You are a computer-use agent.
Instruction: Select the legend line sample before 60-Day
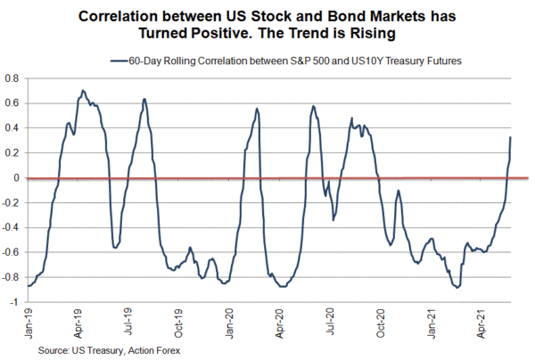point(119,60)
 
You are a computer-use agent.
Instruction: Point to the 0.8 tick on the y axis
point(12,78)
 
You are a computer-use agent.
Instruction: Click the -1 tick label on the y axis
point(15,302)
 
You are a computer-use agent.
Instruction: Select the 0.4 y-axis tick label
point(12,127)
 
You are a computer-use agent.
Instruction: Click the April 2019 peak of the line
point(83,91)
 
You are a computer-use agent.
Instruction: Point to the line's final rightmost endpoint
point(511,137)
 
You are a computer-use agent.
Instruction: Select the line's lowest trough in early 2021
point(457,287)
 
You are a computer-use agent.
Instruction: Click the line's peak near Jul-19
point(144,99)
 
